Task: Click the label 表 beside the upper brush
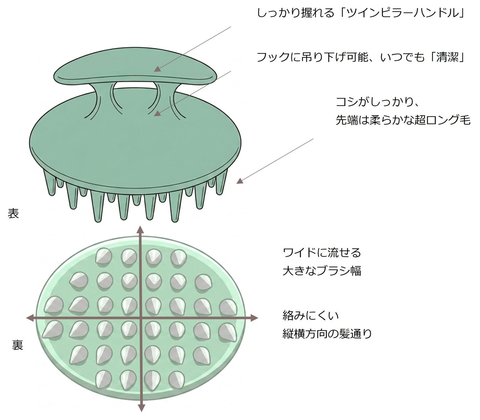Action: [x=13, y=214]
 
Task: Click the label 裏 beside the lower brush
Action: [x=17, y=345]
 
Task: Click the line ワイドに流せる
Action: [x=322, y=253]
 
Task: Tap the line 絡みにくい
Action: [x=311, y=315]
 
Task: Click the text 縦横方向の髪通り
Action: [x=327, y=334]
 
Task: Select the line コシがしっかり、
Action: [x=378, y=102]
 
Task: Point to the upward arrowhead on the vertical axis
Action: [x=141, y=230]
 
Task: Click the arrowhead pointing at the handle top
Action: [x=157, y=69]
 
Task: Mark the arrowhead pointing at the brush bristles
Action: [x=240, y=181]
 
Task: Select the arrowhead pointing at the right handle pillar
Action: [x=157, y=113]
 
